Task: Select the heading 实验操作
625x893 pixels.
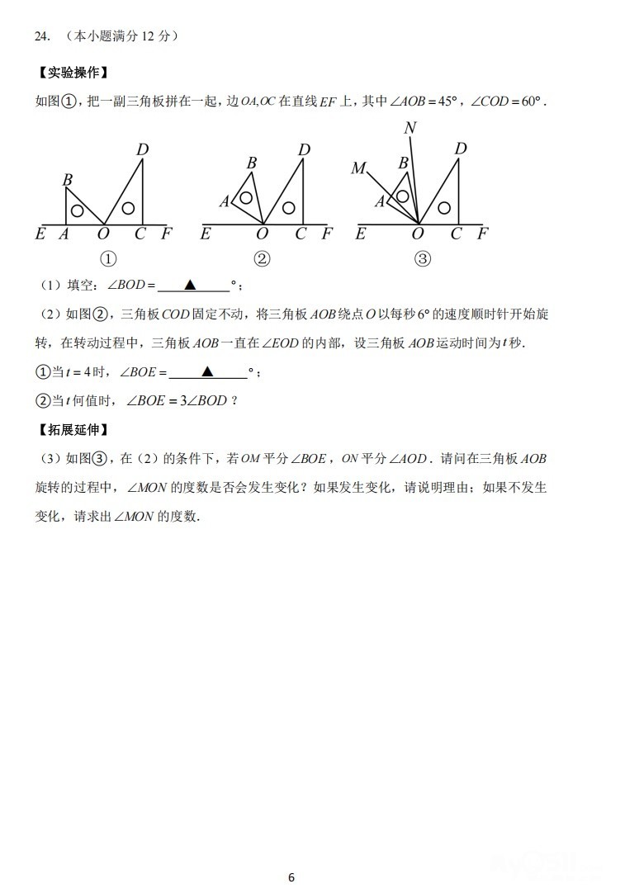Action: click(73, 73)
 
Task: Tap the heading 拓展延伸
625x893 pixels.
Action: click(73, 430)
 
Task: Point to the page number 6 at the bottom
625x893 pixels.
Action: click(291, 877)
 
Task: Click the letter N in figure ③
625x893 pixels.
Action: click(410, 128)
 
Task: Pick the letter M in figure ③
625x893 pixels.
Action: click(358, 169)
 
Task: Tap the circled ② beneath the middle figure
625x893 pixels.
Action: click(262, 259)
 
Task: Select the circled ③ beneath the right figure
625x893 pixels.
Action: click(422, 259)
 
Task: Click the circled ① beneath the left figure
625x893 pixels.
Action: click(107, 259)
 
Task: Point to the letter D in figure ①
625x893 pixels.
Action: click(142, 149)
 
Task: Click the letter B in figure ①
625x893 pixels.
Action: click(68, 180)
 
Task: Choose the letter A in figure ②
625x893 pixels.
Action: click(224, 201)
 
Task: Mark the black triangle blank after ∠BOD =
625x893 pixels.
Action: click(190, 285)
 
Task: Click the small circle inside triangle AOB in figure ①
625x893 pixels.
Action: click(77, 210)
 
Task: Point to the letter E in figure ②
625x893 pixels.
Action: click(206, 234)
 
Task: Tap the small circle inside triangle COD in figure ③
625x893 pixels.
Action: click(445, 208)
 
